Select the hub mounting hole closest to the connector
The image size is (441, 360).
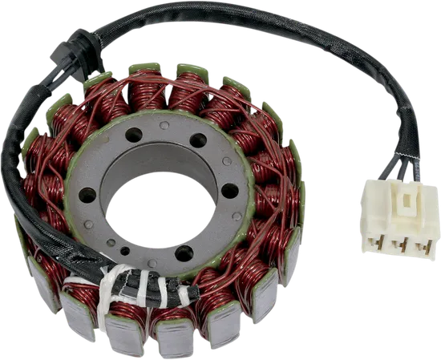pyautogui.click(x=230, y=192)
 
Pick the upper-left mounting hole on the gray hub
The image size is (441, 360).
pyautogui.click(x=133, y=135)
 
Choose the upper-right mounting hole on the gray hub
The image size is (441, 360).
pyautogui.click(x=200, y=140)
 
